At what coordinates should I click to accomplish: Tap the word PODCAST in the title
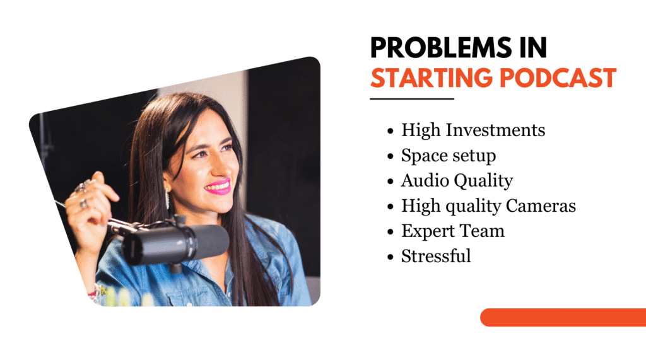click(x=558, y=78)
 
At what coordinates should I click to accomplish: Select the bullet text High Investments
click(x=473, y=130)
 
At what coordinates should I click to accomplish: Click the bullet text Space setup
click(x=449, y=156)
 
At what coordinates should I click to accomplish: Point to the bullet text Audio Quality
click(x=457, y=181)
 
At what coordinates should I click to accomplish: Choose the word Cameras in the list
click(x=541, y=206)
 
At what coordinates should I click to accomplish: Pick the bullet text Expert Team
click(x=453, y=231)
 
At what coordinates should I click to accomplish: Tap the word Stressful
click(x=436, y=256)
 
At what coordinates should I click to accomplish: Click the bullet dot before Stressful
click(x=391, y=257)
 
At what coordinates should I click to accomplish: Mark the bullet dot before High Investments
click(x=391, y=131)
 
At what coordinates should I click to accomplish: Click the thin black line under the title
click(x=412, y=99)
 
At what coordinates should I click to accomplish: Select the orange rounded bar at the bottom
click(x=563, y=318)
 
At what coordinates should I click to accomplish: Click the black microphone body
click(x=175, y=244)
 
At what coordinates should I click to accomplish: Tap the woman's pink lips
click(x=218, y=187)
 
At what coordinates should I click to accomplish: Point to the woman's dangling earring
click(x=167, y=198)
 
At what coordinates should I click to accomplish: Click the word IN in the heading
click(x=533, y=48)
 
